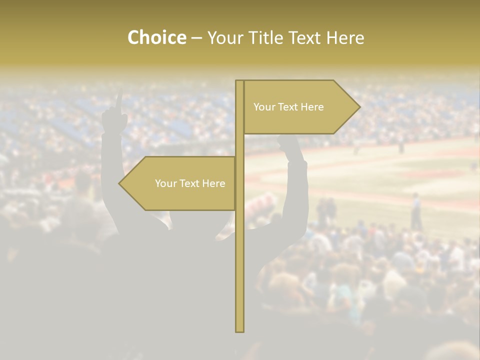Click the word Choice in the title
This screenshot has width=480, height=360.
156,38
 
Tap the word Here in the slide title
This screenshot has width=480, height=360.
344,38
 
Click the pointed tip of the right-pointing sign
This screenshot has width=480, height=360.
359,106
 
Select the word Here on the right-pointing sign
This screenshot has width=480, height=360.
312,107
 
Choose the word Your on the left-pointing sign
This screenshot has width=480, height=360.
165,183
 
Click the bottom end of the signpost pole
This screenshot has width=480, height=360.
239,330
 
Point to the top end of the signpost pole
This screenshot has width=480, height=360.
239,81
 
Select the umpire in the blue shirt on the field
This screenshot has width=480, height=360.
415,210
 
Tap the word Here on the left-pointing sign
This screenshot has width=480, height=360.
214,183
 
